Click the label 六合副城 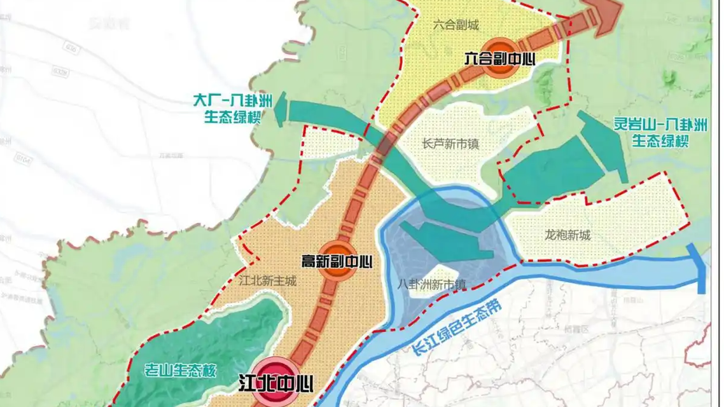click(x=456, y=25)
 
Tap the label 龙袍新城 click(x=568, y=235)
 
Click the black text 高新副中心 click(x=337, y=261)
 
